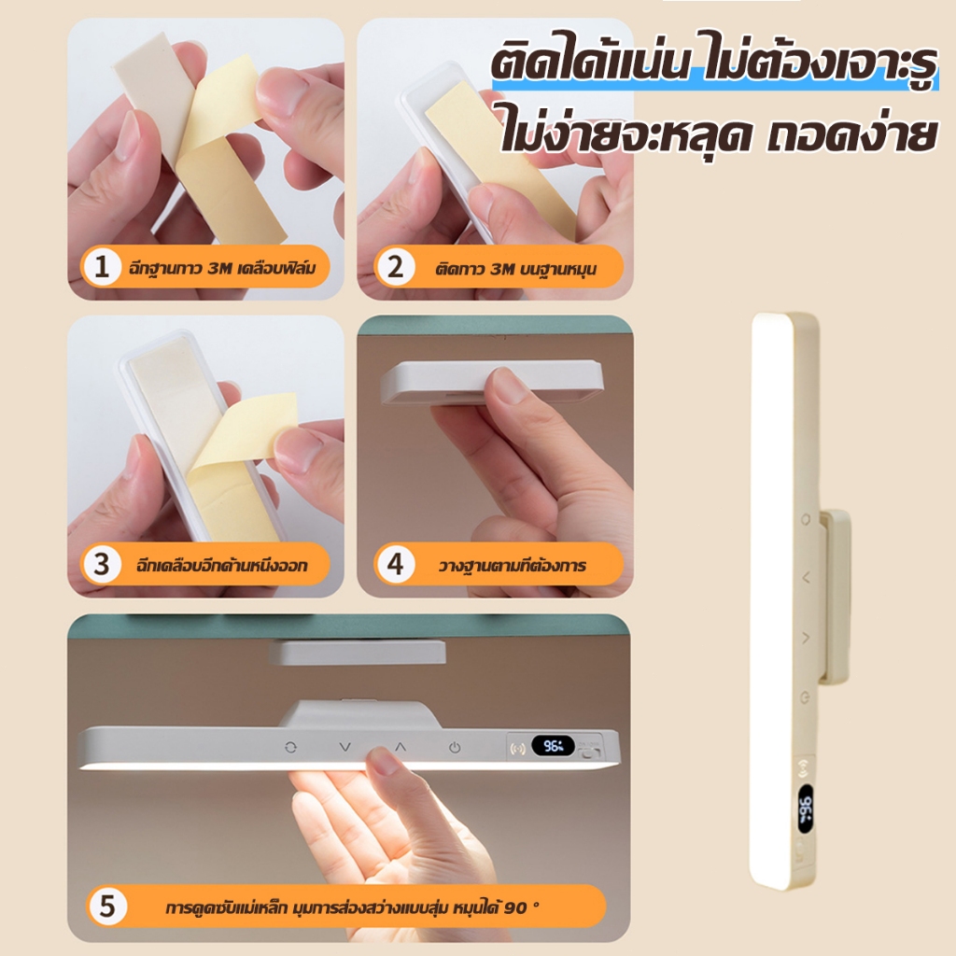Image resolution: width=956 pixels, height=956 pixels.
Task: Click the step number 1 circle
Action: click(102, 267)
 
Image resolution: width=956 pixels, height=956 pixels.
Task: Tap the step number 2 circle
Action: click(396, 267)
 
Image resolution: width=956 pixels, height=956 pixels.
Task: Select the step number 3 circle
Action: click(102, 564)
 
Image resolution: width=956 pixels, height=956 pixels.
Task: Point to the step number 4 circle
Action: click(396, 564)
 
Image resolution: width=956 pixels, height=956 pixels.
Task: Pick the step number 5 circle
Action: click(107, 906)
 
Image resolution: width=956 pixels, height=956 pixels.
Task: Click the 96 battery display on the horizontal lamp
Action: click(553, 746)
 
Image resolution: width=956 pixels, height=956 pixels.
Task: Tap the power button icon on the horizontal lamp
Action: click(455, 748)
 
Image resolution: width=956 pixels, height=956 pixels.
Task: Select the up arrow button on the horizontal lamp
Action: click(400, 746)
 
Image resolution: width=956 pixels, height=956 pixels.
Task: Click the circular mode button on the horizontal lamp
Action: click(291, 747)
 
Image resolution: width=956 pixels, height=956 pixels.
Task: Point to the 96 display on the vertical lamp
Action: click(806, 809)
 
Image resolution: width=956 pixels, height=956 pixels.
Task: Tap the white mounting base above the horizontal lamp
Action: click(358, 652)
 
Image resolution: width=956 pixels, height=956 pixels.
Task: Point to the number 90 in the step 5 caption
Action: click(515, 907)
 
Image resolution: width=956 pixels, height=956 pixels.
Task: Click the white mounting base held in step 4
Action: click(491, 381)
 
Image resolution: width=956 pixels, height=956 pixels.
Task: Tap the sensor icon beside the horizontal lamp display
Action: click(518, 748)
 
